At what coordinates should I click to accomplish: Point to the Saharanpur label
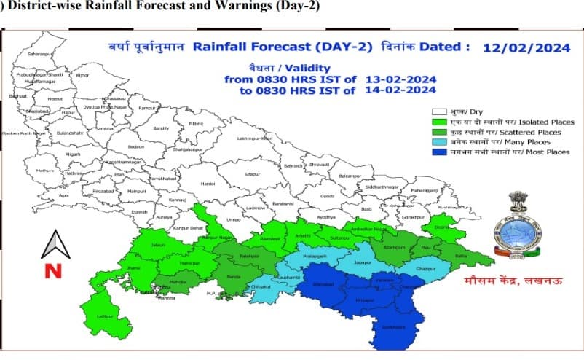coord(41,55)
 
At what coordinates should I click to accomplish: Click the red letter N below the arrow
coord(53,272)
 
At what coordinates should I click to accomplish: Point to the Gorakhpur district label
coord(413,218)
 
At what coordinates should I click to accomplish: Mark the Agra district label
coord(65,195)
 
